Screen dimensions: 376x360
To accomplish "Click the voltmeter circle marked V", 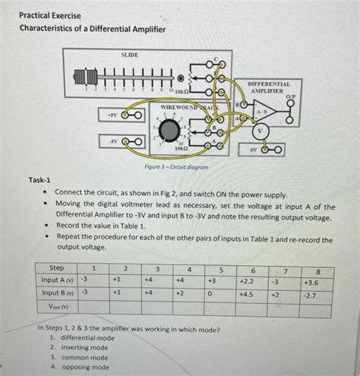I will pyautogui.click(x=261, y=129).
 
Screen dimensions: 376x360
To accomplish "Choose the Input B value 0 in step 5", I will pyautogui.click(x=214, y=293).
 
